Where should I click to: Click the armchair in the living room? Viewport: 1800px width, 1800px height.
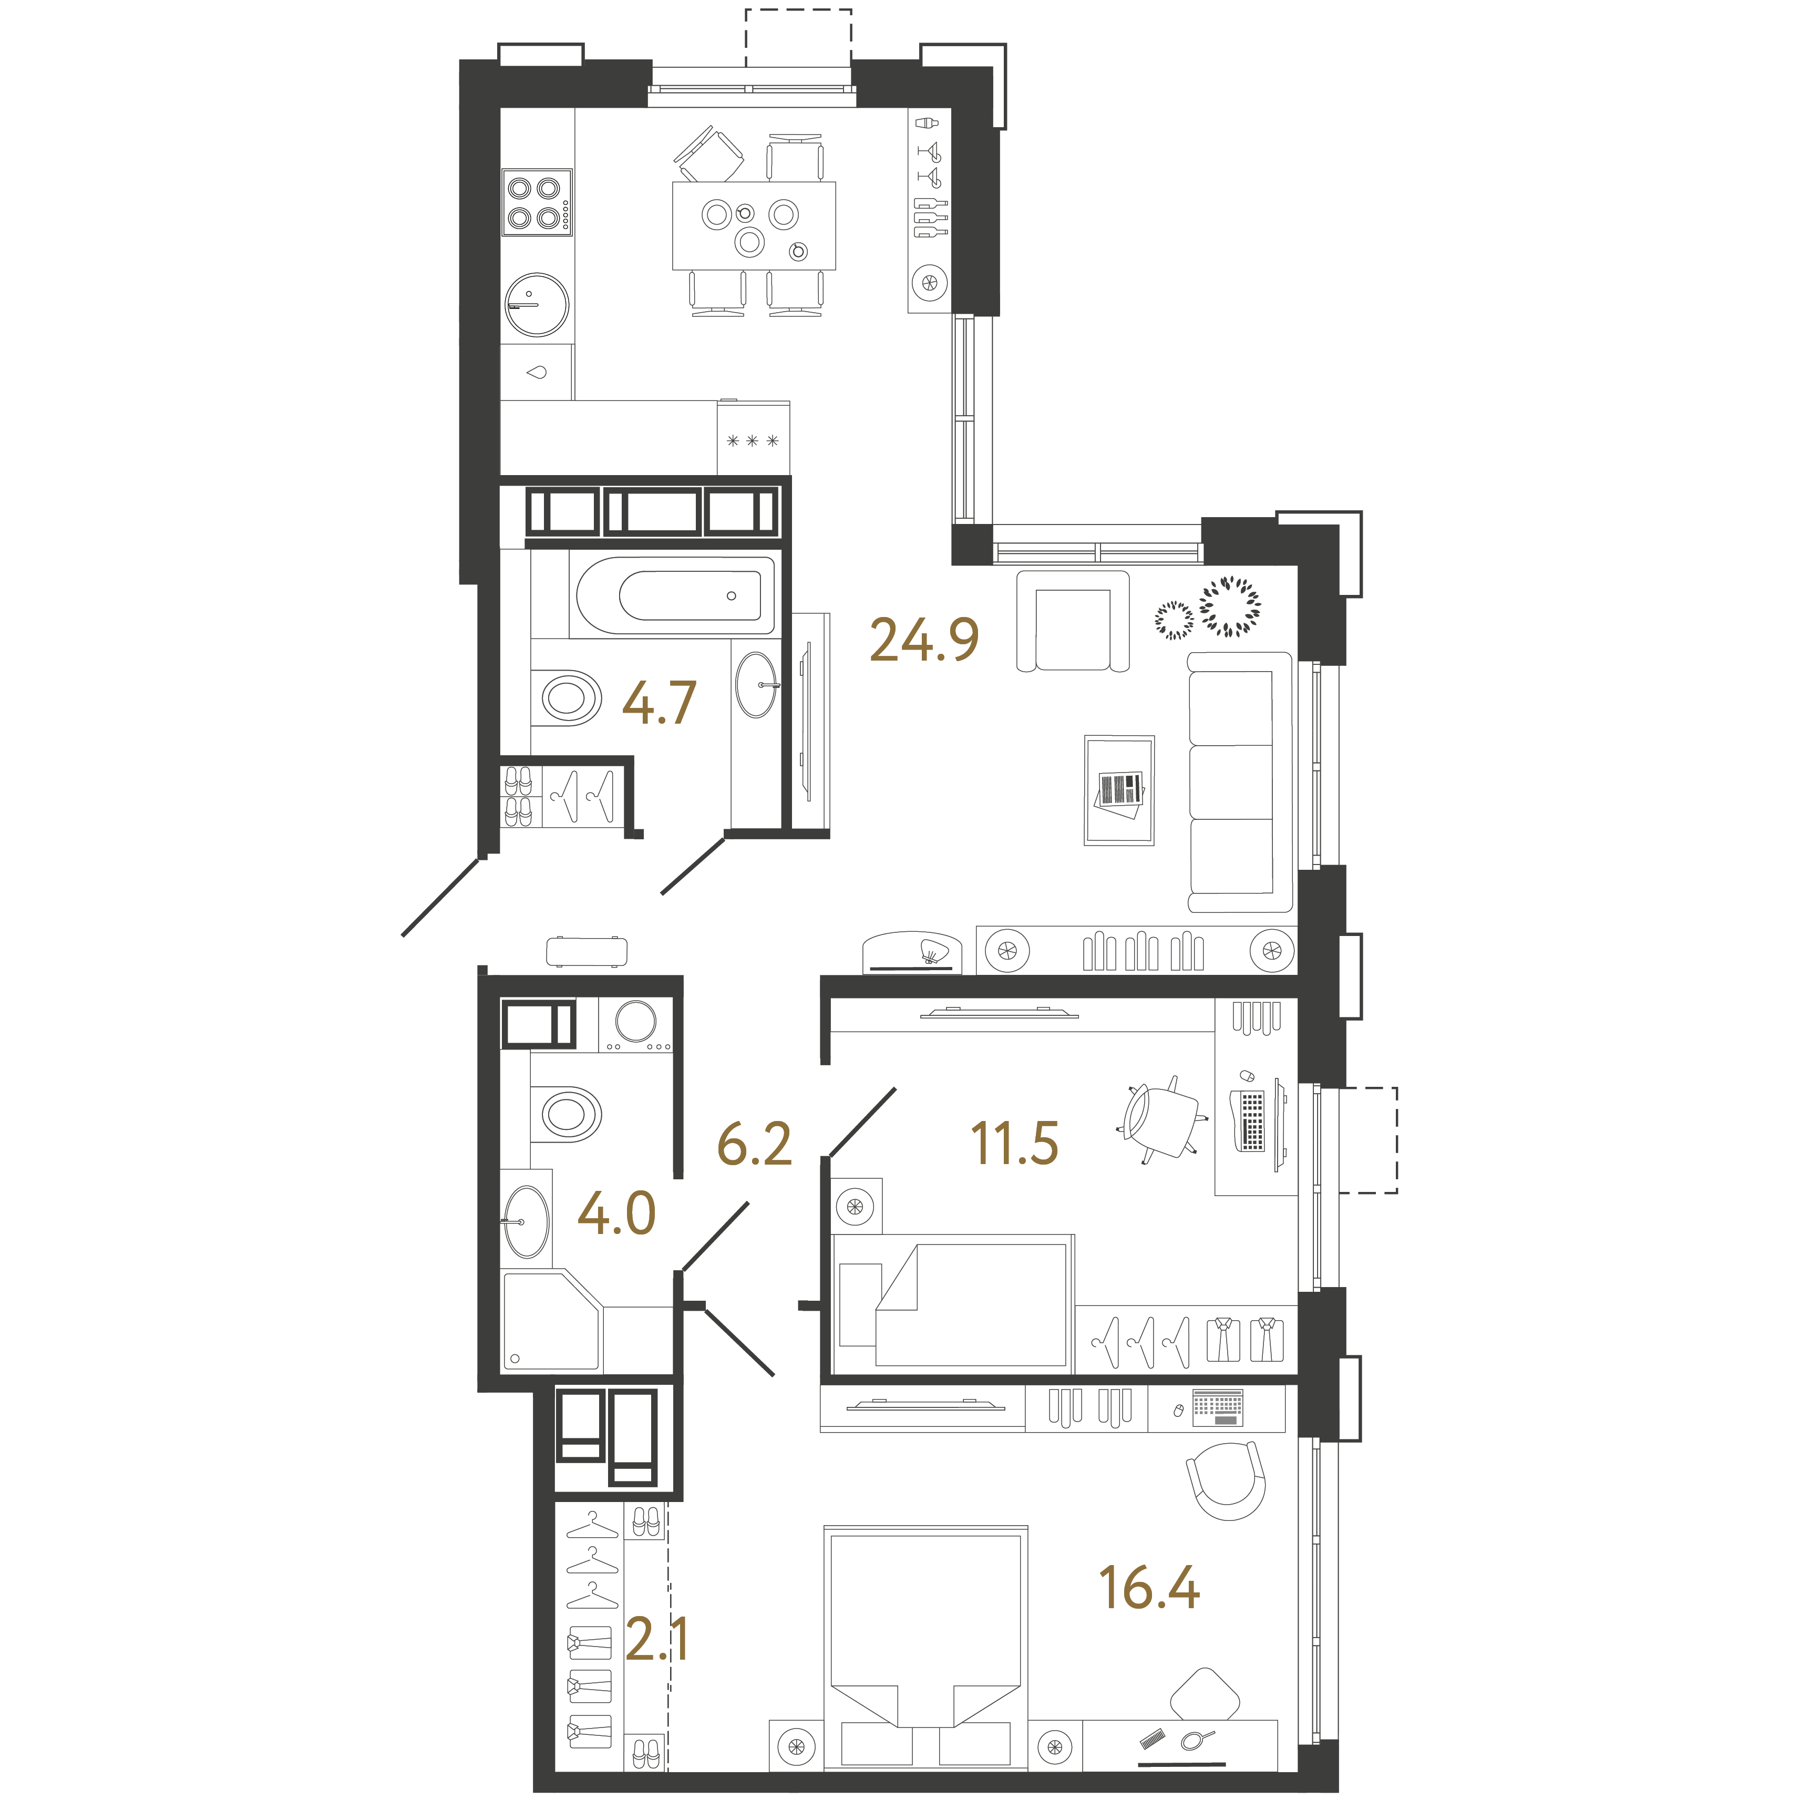tap(1072, 621)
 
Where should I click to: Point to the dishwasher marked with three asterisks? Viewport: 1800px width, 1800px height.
tap(753, 438)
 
